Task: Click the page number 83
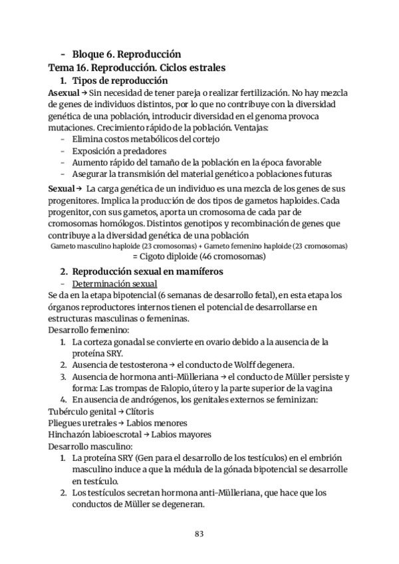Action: pos(199,533)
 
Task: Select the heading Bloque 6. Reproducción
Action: pos(126,54)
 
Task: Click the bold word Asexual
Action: pos(64,93)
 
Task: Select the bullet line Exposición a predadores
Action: pos(110,151)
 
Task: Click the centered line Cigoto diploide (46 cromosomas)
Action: pos(199,256)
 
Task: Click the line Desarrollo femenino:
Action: pos(86,330)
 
